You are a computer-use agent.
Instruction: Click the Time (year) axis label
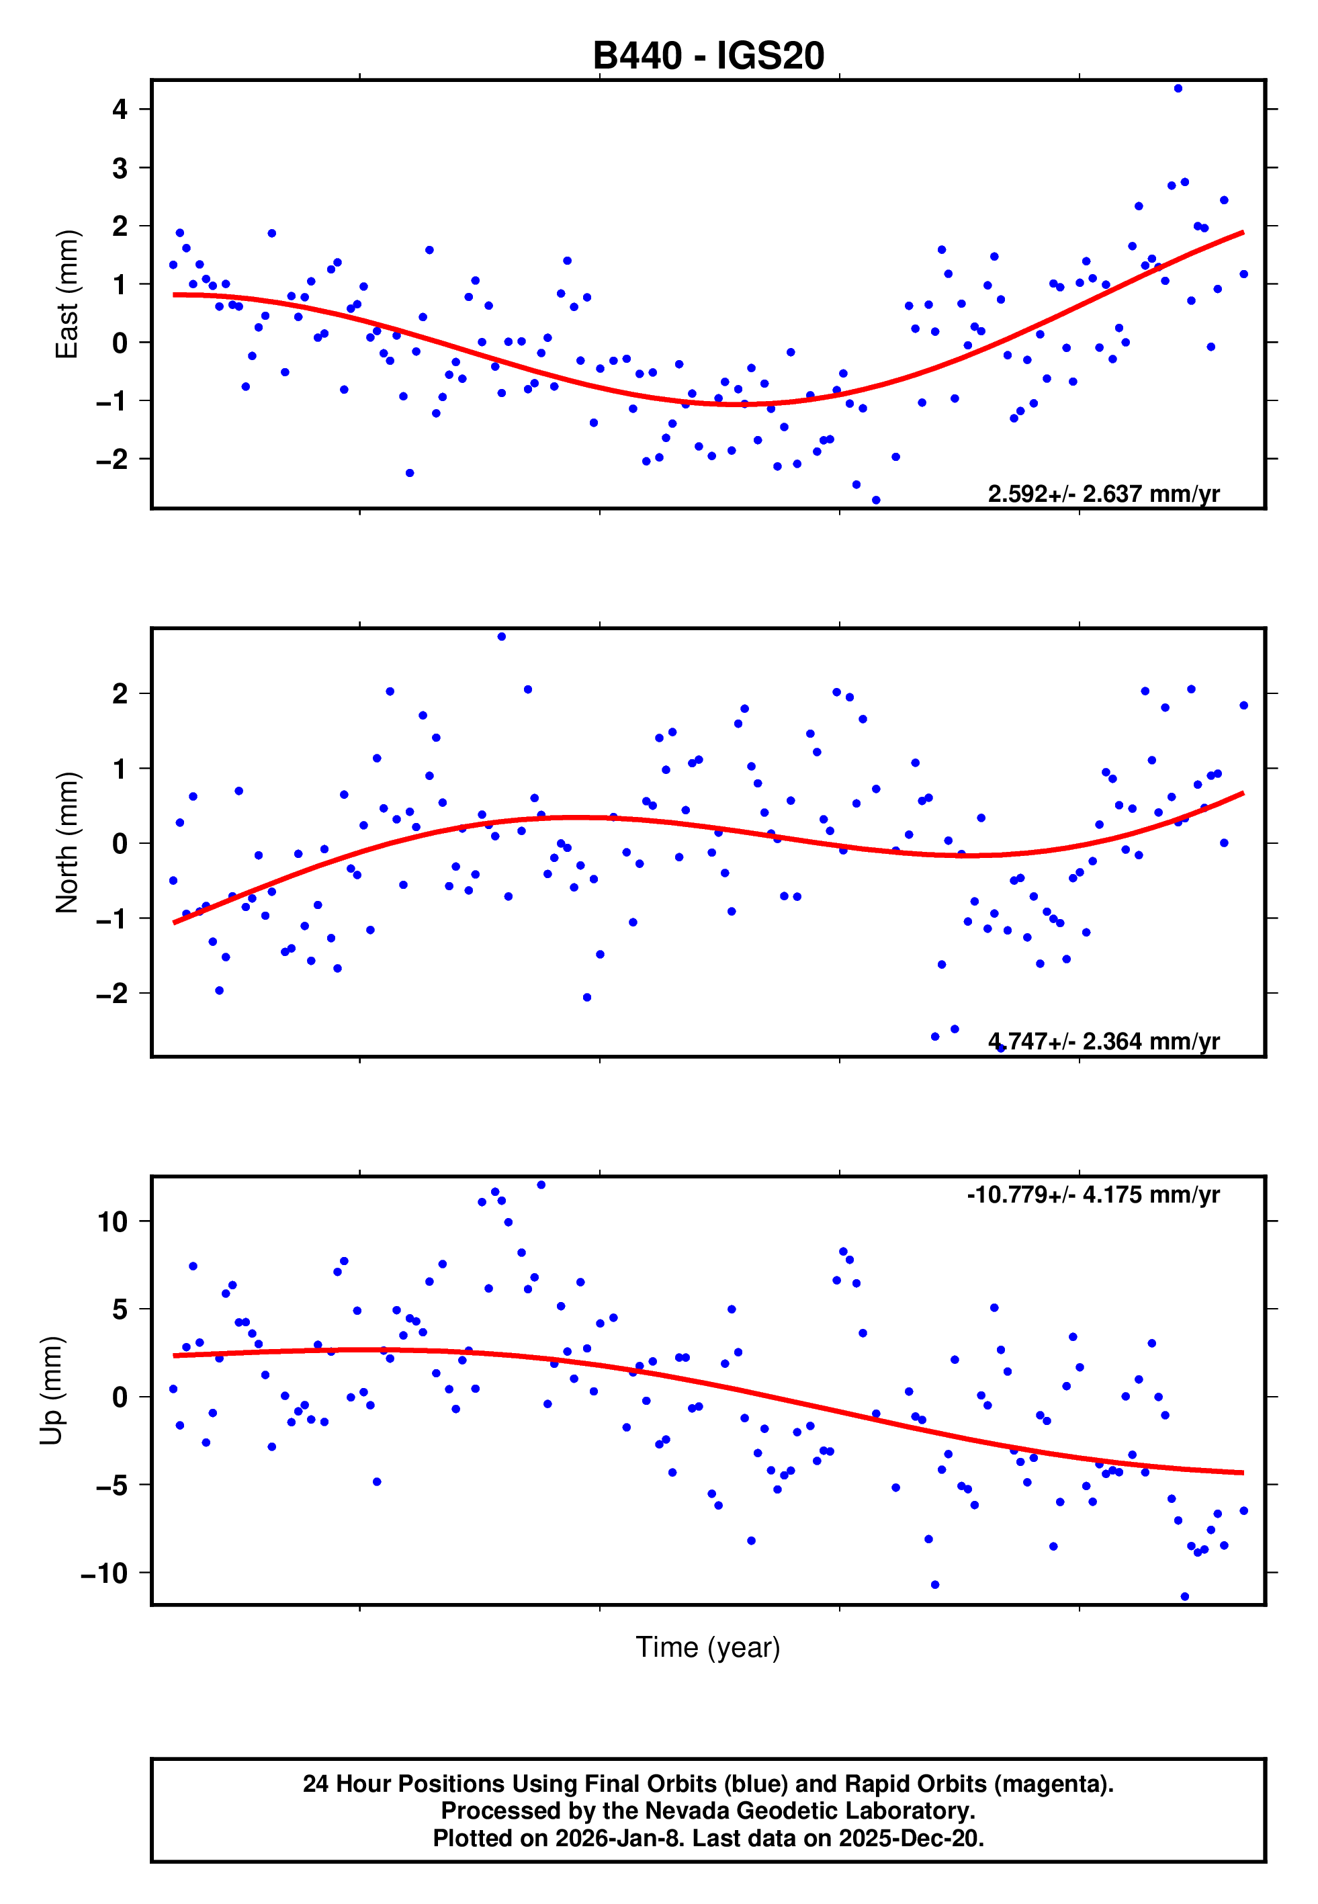[708, 1647]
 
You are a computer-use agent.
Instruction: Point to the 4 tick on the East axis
[120, 109]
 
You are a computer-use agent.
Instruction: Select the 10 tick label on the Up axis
[112, 1221]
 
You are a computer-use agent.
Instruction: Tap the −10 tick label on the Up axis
[104, 1573]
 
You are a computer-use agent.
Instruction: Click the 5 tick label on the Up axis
[120, 1309]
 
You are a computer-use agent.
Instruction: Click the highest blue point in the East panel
[1178, 88]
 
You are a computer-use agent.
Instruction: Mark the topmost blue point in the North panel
[501, 637]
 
